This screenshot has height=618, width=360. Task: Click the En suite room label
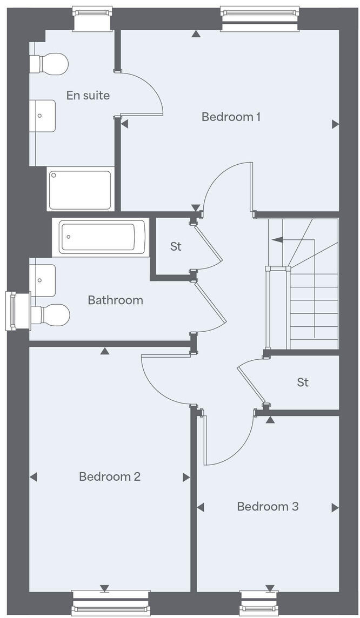point(88,96)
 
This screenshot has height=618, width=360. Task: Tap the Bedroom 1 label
point(231,117)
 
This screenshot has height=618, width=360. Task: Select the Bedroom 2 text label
point(110,476)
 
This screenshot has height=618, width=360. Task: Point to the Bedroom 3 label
point(268,507)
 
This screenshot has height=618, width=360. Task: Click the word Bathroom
point(115,300)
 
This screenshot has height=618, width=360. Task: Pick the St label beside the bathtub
point(176,246)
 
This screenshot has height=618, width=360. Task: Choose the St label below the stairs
point(303,382)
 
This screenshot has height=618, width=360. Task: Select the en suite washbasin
point(43,116)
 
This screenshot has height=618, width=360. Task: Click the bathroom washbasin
point(43,280)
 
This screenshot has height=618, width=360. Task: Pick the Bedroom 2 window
point(110,602)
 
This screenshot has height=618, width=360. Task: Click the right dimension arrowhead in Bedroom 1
point(335,124)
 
